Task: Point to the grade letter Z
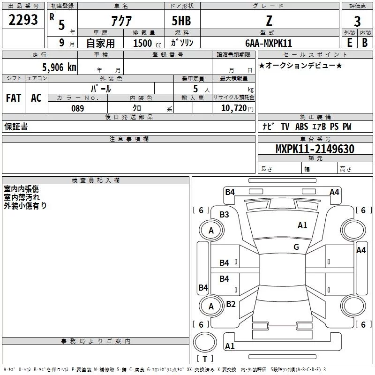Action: tap(269, 21)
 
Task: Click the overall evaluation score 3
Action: tap(357, 22)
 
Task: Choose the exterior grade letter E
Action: tap(349, 42)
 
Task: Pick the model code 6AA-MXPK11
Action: tap(269, 43)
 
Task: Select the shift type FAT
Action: tap(14, 98)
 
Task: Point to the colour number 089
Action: tap(77, 108)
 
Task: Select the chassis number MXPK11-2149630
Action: tap(315, 149)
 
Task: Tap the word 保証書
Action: tap(16, 127)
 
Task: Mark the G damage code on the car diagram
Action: tap(296, 247)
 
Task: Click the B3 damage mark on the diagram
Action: tap(225, 215)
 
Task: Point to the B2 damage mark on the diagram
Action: tap(231, 304)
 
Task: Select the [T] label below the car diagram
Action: tap(205, 359)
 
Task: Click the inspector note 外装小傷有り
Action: tap(25, 205)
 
